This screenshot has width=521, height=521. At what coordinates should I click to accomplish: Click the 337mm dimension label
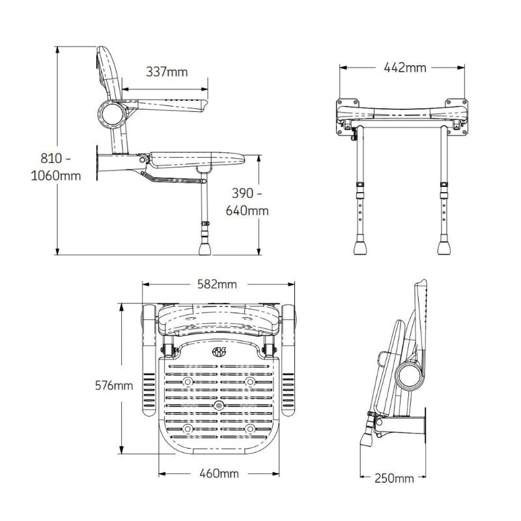click(x=167, y=72)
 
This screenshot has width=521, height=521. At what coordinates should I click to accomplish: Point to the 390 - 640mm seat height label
click(x=247, y=202)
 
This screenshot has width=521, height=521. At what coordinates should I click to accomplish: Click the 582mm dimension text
click(x=217, y=284)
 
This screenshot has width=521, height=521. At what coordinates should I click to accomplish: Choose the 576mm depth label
click(x=114, y=386)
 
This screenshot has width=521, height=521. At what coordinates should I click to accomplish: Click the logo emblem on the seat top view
click(x=218, y=354)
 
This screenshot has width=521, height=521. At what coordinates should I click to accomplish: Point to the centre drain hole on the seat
click(x=218, y=405)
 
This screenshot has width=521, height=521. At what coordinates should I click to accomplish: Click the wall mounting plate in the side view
click(x=99, y=163)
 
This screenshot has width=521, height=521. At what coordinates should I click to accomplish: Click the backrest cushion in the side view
click(x=107, y=72)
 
